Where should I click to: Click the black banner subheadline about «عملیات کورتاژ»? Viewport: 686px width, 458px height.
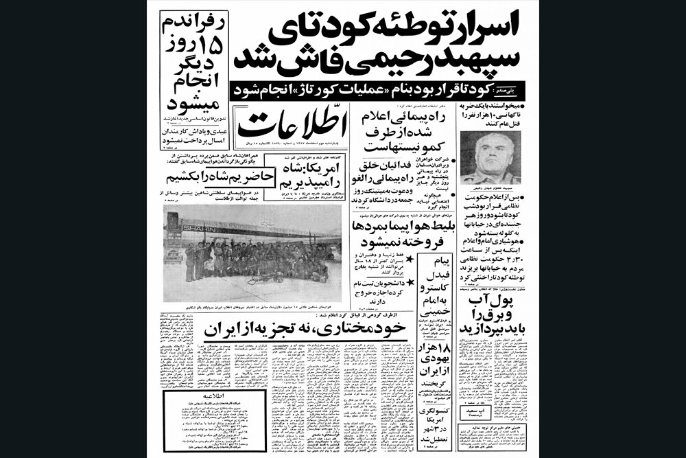pyautogui.click(x=359, y=89)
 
